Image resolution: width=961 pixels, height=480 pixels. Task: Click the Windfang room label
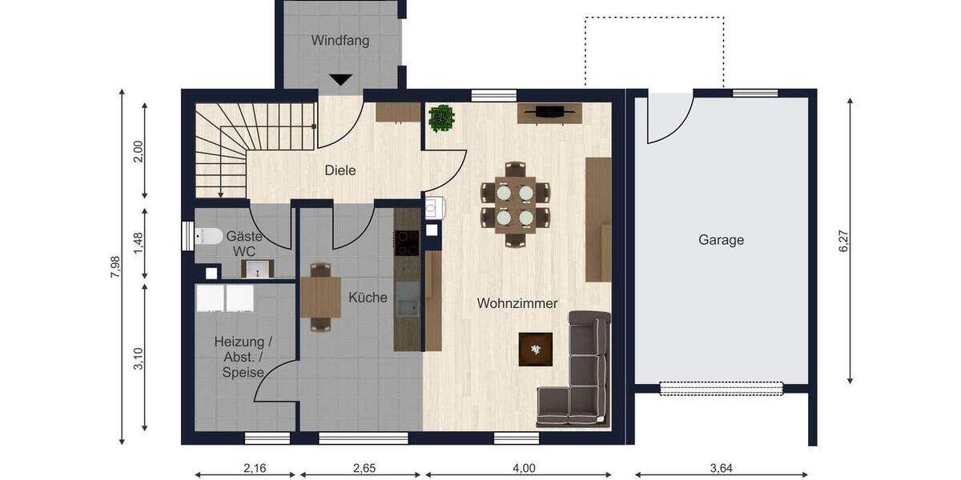click(340, 40)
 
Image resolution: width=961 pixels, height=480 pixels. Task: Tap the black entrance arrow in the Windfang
click(341, 79)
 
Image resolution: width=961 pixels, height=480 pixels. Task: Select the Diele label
click(340, 170)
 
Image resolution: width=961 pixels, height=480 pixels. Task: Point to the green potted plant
click(441, 118)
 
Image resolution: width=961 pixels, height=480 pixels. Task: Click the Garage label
click(721, 239)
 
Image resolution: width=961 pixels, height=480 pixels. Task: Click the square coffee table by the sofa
click(535, 349)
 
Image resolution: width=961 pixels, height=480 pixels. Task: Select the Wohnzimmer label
click(517, 303)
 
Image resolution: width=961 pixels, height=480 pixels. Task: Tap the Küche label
click(368, 298)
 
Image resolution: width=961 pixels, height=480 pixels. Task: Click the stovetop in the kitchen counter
click(407, 242)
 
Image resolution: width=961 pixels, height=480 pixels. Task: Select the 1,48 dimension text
click(139, 243)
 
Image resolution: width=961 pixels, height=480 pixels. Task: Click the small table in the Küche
click(321, 297)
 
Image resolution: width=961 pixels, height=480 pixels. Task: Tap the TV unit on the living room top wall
click(549, 113)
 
